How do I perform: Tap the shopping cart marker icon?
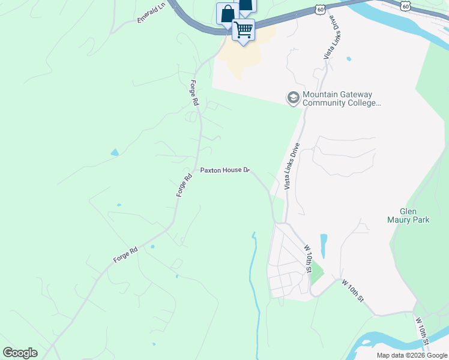pyautogui.click(x=243, y=29)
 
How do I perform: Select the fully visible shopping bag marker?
pyautogui.click(x=228, y=14)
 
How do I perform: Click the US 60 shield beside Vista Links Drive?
pyautogui.click(x=321, y=10)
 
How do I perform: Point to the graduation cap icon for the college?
pyautogui.click(x=293, y=98)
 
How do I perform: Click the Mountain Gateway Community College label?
pyautogui.click(x=341, y=99)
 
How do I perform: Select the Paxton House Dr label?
pyautogui.click(x=224, y=170)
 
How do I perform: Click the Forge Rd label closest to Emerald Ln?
pyautogui.click(x=194, y=93)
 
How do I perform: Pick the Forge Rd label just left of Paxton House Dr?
pyautogui.click(x=184, y=185)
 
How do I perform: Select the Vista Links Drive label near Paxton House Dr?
pyautogui.click(x=292, y=167)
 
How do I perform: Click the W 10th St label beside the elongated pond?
pyautogui.click(x=309, y=259)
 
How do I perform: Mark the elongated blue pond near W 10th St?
pyautogui.click(x=324, y=245)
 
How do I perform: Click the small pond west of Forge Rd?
pyautogui.click(x=115, y=152)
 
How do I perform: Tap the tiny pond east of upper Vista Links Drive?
pyautogui.click(x=348, y=59)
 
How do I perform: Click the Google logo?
pyautogui.click(x=20, y=352)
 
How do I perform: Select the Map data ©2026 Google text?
pyautogui.click(x=411, y=355)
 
